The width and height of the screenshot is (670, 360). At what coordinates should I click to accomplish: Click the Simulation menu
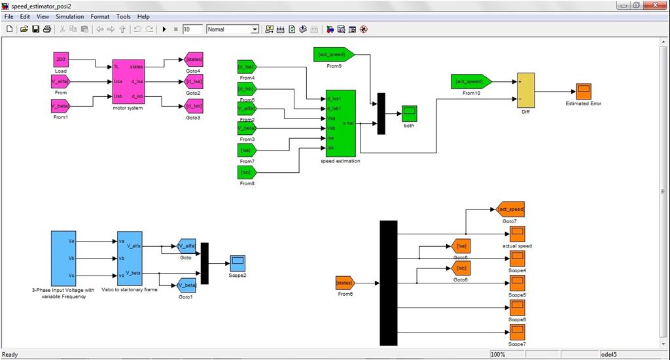click(69, 16)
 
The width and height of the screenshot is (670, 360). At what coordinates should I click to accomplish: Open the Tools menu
click(123, 16)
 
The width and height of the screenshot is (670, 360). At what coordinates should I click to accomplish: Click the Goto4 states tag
click(194, 60)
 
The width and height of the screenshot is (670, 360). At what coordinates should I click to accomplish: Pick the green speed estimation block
click(340, 123)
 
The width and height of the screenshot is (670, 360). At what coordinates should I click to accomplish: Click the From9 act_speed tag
click(334, 54)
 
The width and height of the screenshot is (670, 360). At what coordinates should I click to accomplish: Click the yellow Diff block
click(525, 90)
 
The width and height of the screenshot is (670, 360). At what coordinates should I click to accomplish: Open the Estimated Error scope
click(583, 91)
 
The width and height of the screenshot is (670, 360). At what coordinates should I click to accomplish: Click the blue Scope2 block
click(238, 262)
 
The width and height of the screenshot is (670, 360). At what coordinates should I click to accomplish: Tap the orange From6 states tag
click(345, 283)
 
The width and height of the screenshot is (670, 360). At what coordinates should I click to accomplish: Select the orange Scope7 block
click(517, 332)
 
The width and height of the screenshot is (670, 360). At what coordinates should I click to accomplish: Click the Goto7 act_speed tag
click(510, 209)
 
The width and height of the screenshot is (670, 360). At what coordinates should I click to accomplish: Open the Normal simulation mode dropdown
click(233, 29)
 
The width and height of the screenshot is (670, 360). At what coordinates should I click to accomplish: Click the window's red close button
click(655, 5)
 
